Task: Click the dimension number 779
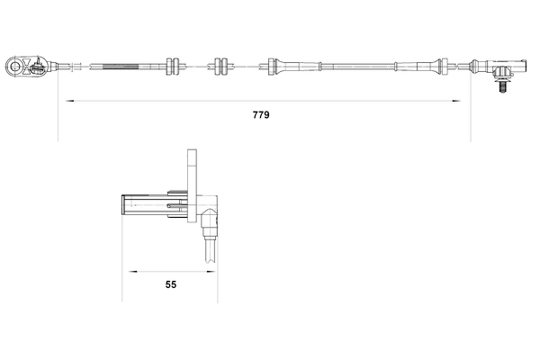click(x=262, y=115)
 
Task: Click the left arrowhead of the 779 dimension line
click(x=63, y=102)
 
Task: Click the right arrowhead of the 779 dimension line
click(x=467, y=102)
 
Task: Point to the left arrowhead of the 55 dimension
click(x=128, y=269)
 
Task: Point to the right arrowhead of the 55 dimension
click(x=211, y=269)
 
